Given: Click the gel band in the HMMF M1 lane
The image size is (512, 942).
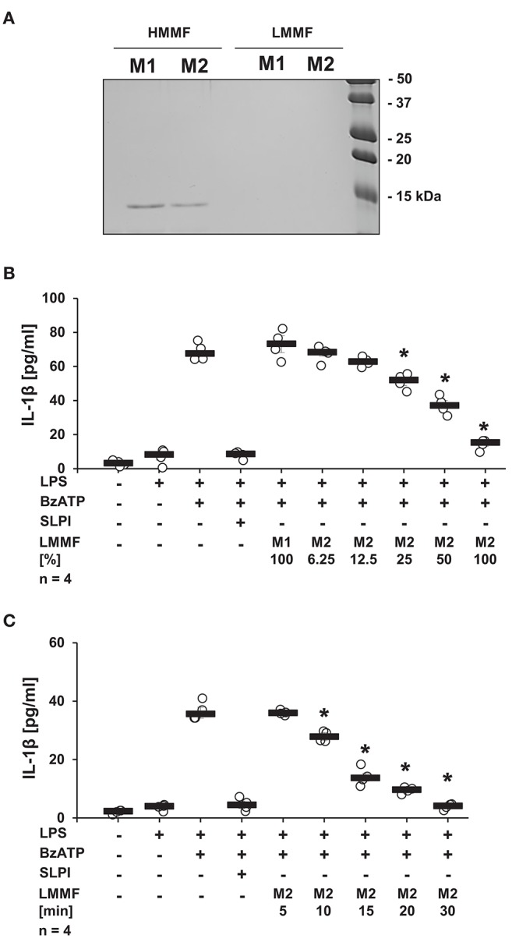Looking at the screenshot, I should pyautogui.click(x=143, y=207).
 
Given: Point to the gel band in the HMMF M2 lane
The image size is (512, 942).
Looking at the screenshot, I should pyautogui.click(x=190, y=206).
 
